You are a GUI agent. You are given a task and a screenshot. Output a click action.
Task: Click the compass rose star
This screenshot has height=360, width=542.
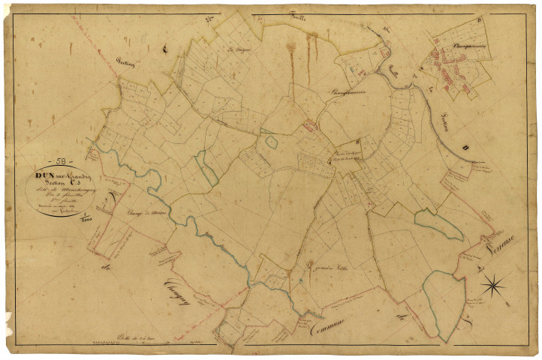pos(493,284)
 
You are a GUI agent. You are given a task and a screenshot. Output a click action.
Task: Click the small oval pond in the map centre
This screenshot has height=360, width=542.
pos(269,140)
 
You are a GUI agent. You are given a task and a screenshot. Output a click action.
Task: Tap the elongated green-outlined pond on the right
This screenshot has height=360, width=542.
pos(436,222)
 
